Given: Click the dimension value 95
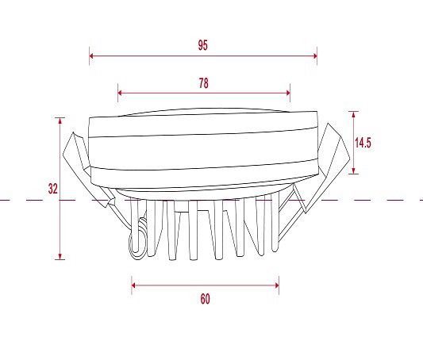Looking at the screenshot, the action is (203, 45).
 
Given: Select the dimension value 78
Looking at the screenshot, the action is (204, 83).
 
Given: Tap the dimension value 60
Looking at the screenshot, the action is (205, 299).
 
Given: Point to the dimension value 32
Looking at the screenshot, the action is (53, 189).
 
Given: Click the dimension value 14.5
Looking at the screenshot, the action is (363, 143).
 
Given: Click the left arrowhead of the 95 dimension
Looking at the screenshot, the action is (91, 56).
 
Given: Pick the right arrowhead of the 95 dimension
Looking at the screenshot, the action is (315, 56).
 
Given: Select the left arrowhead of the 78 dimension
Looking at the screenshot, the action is (120, 93).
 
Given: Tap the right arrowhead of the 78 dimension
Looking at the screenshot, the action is (288, 93).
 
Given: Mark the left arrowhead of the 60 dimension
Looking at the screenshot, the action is (133, 285).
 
